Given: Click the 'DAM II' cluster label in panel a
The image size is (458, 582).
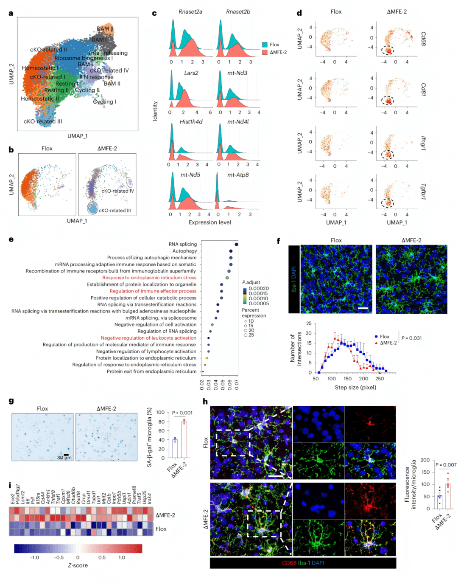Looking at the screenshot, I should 105,29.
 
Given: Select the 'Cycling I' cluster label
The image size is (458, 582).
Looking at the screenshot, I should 104,102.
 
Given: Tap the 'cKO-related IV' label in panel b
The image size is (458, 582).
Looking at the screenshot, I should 117,191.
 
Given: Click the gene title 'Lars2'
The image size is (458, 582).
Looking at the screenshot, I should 191,73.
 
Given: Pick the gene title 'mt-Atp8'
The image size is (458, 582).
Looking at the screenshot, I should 238,174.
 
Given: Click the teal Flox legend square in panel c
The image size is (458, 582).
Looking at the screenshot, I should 265,45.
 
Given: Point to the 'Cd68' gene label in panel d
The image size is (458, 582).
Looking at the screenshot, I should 423,39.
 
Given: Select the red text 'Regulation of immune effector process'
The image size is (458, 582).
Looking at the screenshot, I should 153,291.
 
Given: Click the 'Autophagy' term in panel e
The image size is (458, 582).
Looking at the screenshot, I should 184,251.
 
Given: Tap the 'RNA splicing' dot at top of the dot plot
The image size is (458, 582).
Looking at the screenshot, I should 236,244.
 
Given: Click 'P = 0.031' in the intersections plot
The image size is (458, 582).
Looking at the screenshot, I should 411,338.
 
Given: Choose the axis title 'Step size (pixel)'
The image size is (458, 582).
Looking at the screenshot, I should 355,388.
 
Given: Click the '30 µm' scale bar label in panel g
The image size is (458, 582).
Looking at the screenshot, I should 64,458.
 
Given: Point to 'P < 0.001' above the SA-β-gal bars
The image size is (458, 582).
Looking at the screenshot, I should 182,413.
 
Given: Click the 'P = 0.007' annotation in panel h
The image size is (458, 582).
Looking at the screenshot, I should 446,465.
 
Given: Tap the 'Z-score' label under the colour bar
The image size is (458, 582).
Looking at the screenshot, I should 78,565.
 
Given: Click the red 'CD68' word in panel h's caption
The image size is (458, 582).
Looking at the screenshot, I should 289,563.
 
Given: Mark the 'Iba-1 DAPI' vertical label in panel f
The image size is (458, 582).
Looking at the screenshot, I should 294,278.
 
